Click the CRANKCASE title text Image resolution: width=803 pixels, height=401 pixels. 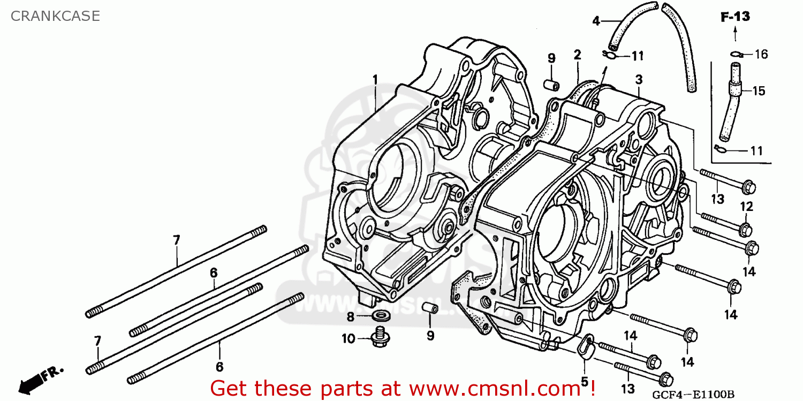[55, 16]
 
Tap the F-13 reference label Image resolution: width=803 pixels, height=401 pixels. [734, 17]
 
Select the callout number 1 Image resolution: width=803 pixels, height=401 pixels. [375, 80]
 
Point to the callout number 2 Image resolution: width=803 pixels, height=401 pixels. [577, 54]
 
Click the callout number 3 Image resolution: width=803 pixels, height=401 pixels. [639, 80]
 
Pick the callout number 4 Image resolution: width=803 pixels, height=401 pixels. [596, 21]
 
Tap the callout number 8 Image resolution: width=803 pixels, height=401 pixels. [350, 317]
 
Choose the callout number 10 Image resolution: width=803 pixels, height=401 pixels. [349, 338]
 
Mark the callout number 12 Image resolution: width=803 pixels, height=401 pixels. [747, 206]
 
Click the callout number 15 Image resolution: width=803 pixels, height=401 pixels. [759, 90]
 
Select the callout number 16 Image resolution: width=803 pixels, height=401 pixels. [761, 54]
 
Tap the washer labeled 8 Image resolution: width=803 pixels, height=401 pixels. [380, 315]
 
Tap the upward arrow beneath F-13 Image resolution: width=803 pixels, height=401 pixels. [734, 35]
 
